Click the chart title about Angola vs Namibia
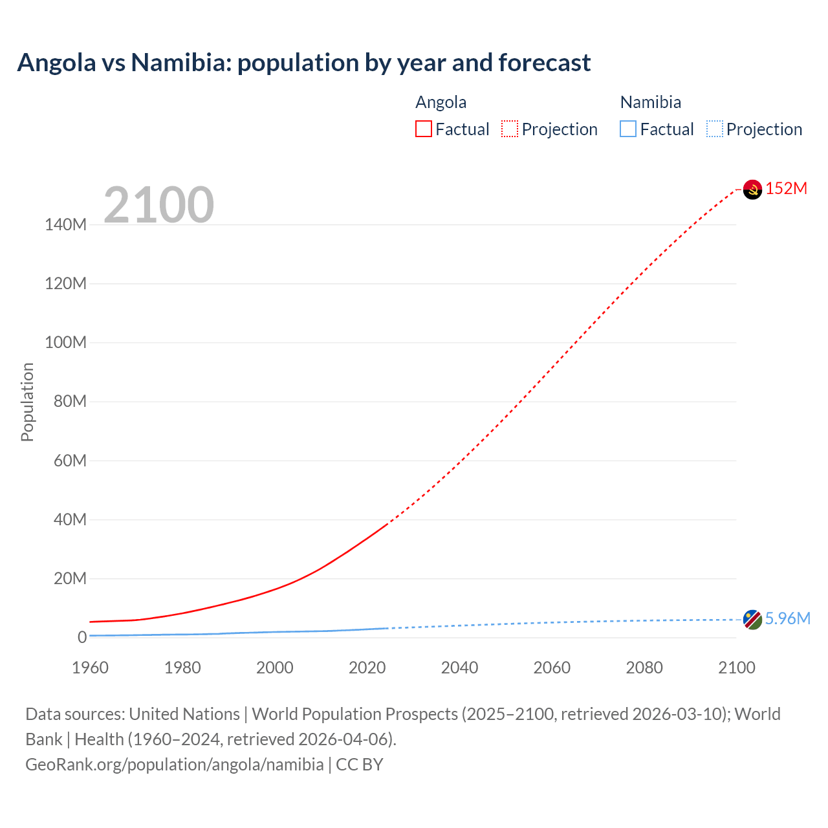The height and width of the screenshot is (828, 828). pyautogui.click(x=303, y=63)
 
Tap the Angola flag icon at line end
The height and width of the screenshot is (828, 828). pyautogui.click(x=752, y=190)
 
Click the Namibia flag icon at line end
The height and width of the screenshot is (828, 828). pyautogui.click(x=752, y=619)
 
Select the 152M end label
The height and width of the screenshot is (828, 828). pyautogui.click(x=786, y=188)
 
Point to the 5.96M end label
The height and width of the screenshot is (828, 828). pyautogui.click(x=787, y=618)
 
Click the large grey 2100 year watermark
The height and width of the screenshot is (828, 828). pyautogui.click(x=158, y=205)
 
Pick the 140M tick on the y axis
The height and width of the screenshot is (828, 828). pyautogui.click(x=65, y=225)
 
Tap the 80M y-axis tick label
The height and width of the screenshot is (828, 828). pyautogui.click(x=69, y=402)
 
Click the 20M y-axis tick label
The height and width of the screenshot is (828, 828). pyautogui.click(x=69, y=578)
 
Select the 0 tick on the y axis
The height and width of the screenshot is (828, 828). pyautogui.click(x=82, y=637)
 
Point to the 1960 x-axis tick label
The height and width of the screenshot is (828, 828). pyautogui.click(x=90, y=668)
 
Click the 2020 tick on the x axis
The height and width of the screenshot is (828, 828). pyautogui.click(x=367, y=668)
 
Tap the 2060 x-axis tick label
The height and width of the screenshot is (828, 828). pyautogui.click(x=552, y=668)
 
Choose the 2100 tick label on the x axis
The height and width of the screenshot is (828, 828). pyautogui.click(x=736, y=668)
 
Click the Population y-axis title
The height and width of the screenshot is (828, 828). pyautogui.click(x=27, y=402)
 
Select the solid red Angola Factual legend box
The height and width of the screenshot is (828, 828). pyautogui.click(x=424, y=129)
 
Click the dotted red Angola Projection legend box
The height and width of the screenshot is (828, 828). pyautogui.click(x=510, y=129)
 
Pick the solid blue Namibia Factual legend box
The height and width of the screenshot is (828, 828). pyautogui.click(x=628, y=129)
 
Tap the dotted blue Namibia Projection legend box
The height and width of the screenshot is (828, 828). pyautogui.click(x=714, y=129)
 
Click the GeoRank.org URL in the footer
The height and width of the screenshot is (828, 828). pyautogui.click(x=174, y=765)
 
